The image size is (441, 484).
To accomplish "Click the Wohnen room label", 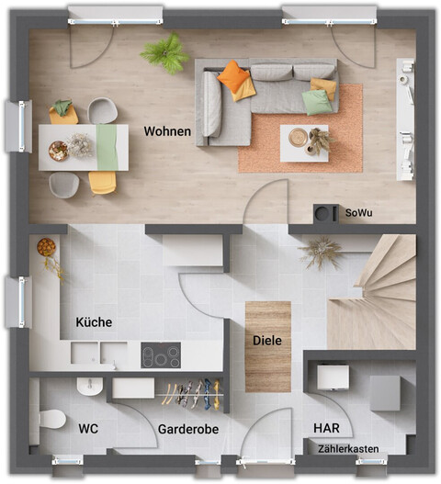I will point(167,131).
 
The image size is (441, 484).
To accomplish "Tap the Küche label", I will point(93,322).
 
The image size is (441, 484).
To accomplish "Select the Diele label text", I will point(267,341).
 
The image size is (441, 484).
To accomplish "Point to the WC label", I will point(89,428).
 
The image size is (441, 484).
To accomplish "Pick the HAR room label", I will point(326,429).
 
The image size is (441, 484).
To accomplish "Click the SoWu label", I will point(359,213).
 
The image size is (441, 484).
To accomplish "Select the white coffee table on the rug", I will point(304,143).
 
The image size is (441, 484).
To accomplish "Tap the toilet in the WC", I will point(51,420).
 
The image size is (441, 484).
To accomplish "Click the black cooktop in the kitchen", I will point(161,355).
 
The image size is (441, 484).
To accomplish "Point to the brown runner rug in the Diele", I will point(267,345).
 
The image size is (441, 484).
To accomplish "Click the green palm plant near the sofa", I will point(165,54).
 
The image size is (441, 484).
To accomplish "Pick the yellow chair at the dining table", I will point(102,182).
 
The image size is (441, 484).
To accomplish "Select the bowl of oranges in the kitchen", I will point(46,247).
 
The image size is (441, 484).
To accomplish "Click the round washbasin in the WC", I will point(90,385).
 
